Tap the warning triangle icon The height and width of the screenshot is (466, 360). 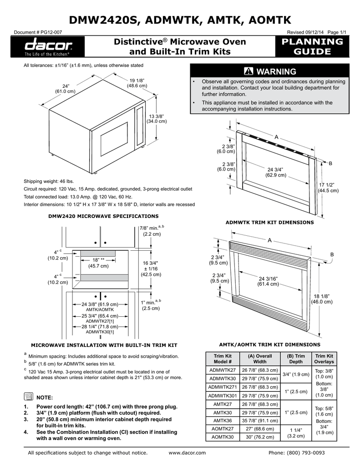(249, 71)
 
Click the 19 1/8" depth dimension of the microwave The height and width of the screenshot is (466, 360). (137, 83)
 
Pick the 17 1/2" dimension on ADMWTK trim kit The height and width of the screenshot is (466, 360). (328, 187)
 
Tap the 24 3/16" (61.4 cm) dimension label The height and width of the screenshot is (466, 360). (269, 281)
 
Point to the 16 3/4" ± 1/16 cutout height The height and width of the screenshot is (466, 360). (150, 268)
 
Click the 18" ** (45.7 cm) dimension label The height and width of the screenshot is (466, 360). (96, 263)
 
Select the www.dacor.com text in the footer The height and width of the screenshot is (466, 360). (187, 453)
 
